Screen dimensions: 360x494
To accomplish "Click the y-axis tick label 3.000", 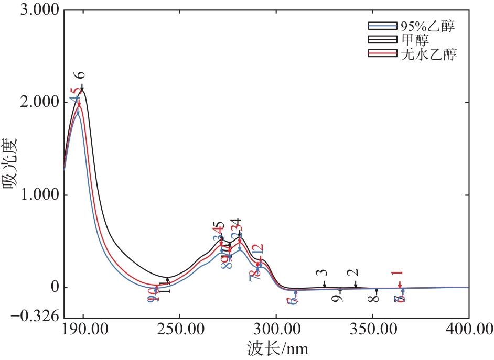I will [x=37, y=11].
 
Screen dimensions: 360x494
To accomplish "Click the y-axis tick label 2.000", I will [x=37, y=102].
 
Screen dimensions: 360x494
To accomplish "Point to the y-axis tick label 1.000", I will [x=37, y=195].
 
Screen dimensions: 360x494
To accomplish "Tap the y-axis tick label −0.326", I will [x=33, y=317].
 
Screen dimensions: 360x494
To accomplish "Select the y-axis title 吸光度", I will [x=12, y=164].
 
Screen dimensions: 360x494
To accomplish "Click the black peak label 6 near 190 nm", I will [x=81, y=75].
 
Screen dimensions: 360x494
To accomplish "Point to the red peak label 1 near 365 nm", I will [x=400, y=273].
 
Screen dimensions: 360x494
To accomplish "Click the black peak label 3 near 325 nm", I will [x=324, y=273].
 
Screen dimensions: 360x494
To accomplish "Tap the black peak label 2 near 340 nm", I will [x=355, y=273].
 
